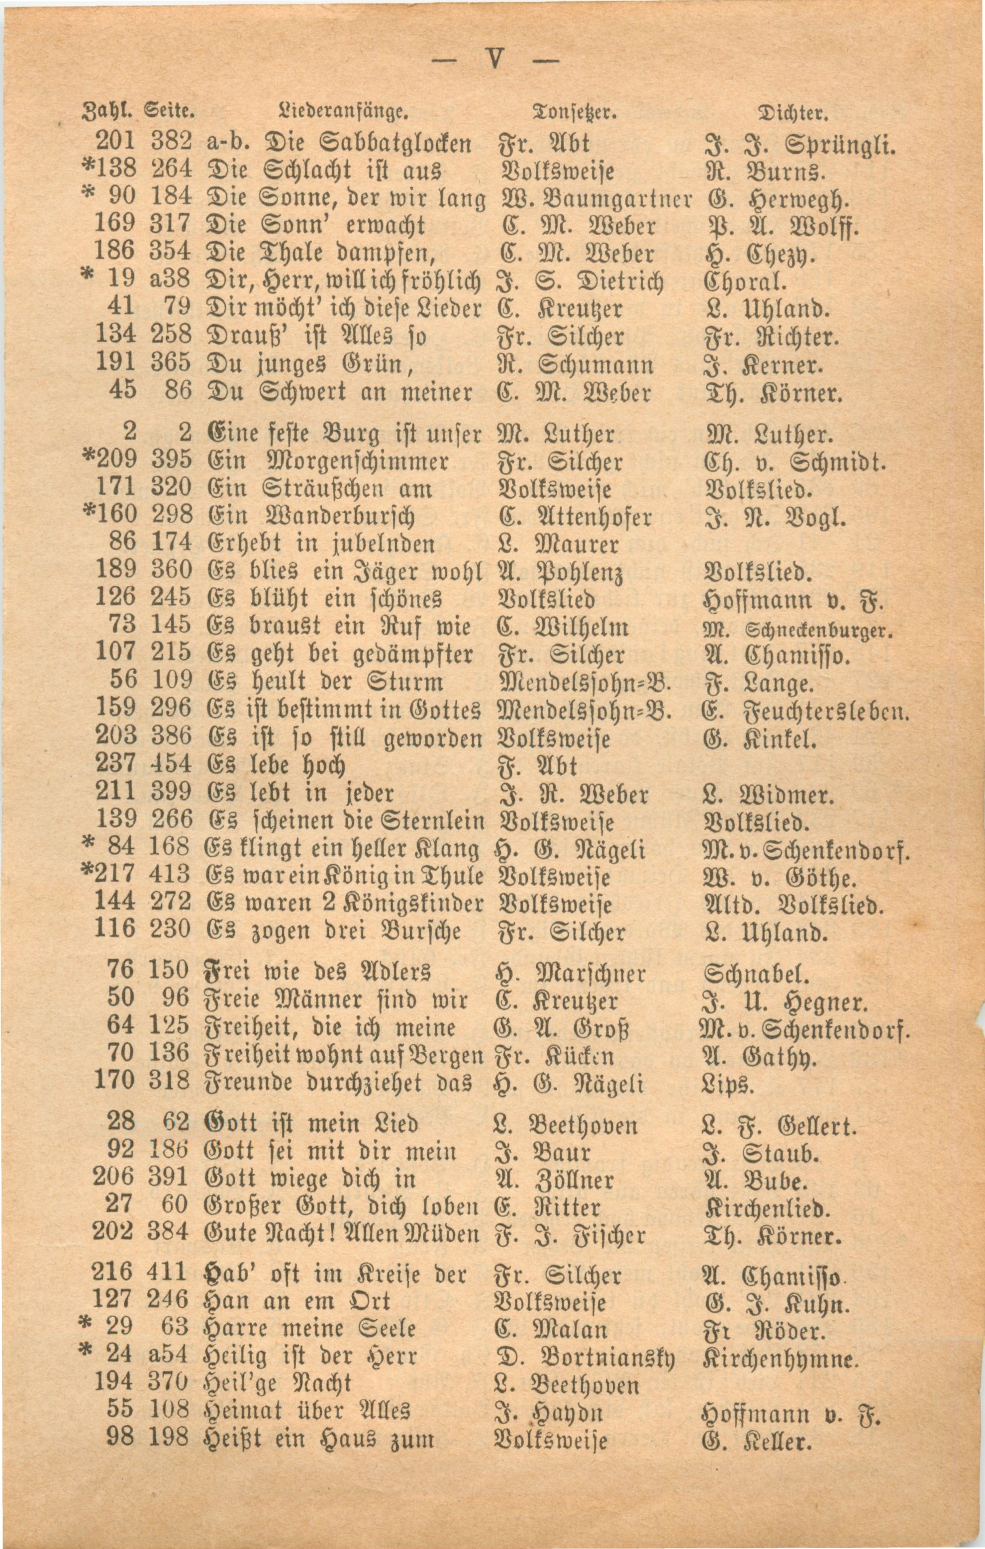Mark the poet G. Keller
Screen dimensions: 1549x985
click(x=759, y=1438)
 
